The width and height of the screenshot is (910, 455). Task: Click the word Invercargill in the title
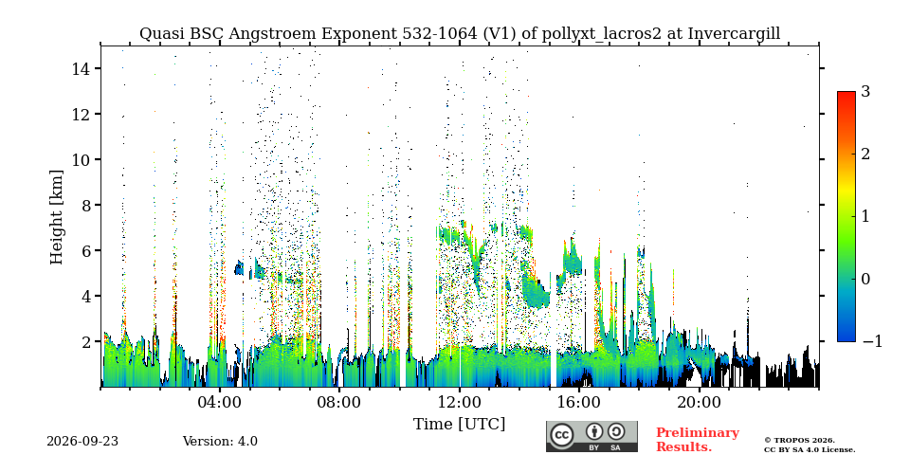point(734,34)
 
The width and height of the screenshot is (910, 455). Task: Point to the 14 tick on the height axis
point(83,68)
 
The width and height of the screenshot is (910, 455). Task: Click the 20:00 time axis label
point(700,402)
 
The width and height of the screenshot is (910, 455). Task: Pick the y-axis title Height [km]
point(56,217)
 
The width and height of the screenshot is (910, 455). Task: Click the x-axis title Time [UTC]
point(459,425)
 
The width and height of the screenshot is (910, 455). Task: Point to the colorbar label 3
point(865,92)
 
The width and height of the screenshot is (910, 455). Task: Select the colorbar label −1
point(872,342)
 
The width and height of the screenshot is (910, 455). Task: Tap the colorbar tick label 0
point(865,279)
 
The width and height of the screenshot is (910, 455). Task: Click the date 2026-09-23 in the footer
point(82,442)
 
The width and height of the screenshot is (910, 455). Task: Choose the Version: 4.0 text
point(220,442)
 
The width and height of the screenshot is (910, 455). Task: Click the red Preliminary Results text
point(698,440)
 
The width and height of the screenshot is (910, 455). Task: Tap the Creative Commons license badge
point(591,436)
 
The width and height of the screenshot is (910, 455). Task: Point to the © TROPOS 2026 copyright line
point(799,441)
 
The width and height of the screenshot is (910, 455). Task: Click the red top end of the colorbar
point(846,93)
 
